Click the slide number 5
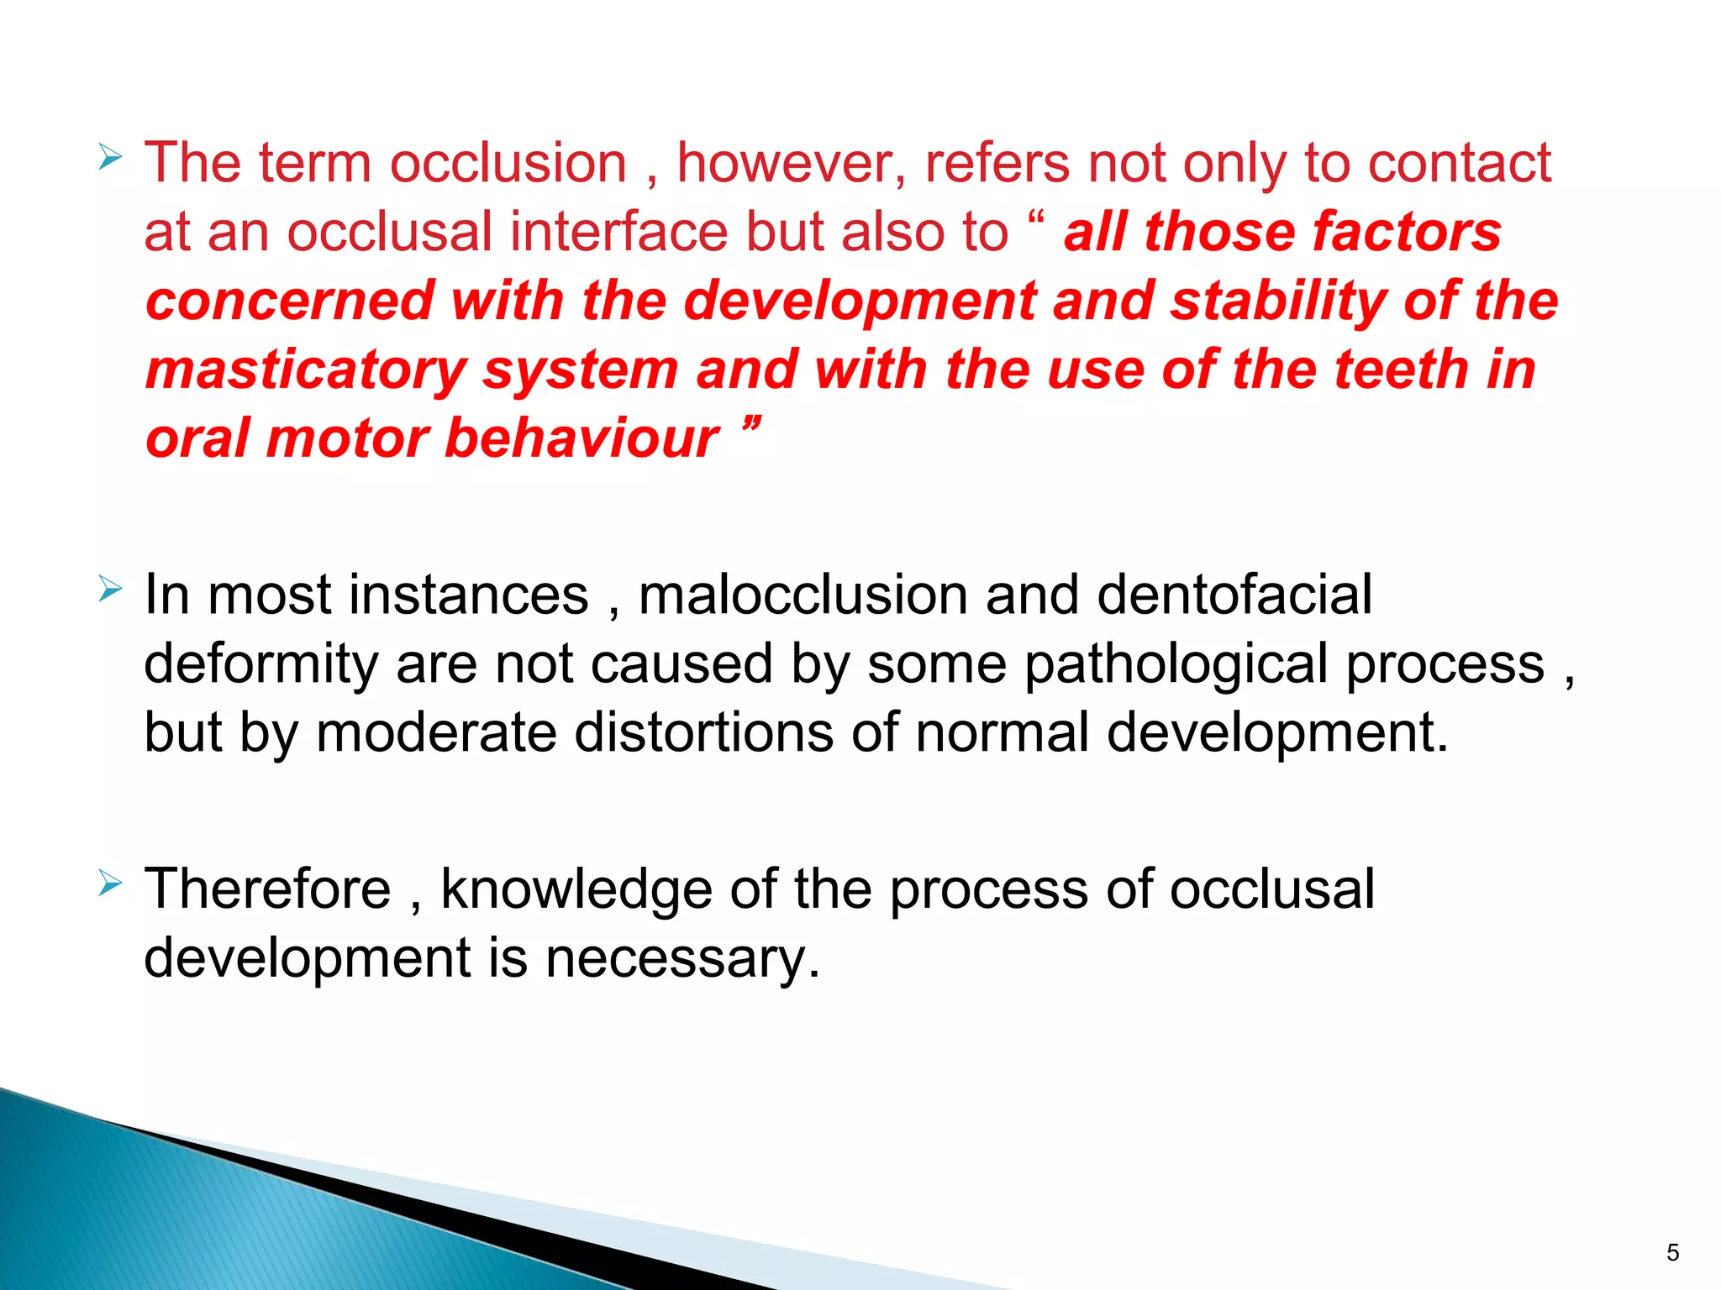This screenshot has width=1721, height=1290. click(1672, 1253)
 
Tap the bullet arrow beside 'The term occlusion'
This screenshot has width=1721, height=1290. click(110, 157)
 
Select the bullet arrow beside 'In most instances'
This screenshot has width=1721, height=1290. click(110, 589)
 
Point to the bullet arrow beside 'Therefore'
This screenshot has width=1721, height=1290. click(110, 883)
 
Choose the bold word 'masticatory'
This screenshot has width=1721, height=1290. click(306, 370)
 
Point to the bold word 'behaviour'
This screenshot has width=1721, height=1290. click(582, 438)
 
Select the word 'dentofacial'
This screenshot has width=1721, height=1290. click(1234, 595)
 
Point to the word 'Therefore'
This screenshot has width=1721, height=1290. click(267, 889)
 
